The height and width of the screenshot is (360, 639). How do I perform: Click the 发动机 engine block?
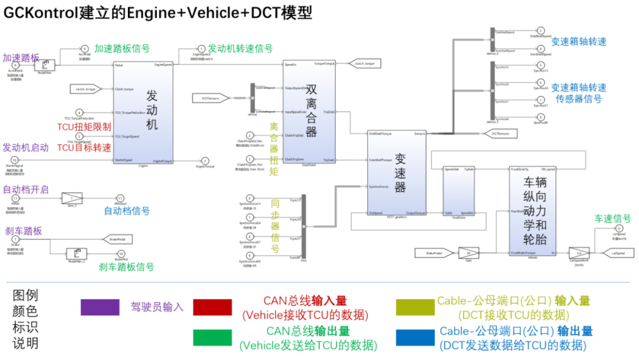coord(143,112)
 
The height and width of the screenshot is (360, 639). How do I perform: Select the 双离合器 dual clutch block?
coord(309,112)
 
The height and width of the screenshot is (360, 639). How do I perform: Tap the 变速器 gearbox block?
coord(396,172)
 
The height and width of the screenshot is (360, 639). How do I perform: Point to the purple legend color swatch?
coord(101,307)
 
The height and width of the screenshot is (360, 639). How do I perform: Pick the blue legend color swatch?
coord(417,337)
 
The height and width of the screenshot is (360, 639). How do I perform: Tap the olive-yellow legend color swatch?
coord(417,307)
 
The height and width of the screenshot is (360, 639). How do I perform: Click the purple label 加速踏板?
coord(21,57)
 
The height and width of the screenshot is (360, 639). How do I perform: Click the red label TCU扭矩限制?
coord(83,127)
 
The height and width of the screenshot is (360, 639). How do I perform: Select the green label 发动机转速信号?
coord(240,49)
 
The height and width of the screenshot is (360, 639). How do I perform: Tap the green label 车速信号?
coord(612,218)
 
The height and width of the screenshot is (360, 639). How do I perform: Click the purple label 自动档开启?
coord(25,189)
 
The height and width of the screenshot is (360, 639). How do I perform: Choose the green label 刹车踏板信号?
coord(127,267)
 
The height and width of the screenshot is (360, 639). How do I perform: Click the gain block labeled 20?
coord(469,253)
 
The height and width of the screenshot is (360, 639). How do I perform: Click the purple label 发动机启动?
coord(25,147)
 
